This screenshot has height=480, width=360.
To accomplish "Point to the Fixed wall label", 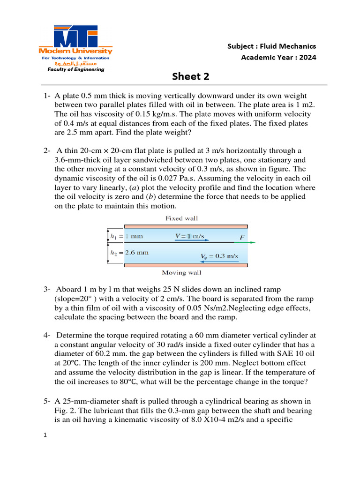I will click(181, 218).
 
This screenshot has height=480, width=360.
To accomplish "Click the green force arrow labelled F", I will click(248, 242).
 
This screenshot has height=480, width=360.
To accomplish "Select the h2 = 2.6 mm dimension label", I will click(129, 252).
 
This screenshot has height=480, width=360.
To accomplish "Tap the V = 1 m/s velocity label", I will click(189, 236).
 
